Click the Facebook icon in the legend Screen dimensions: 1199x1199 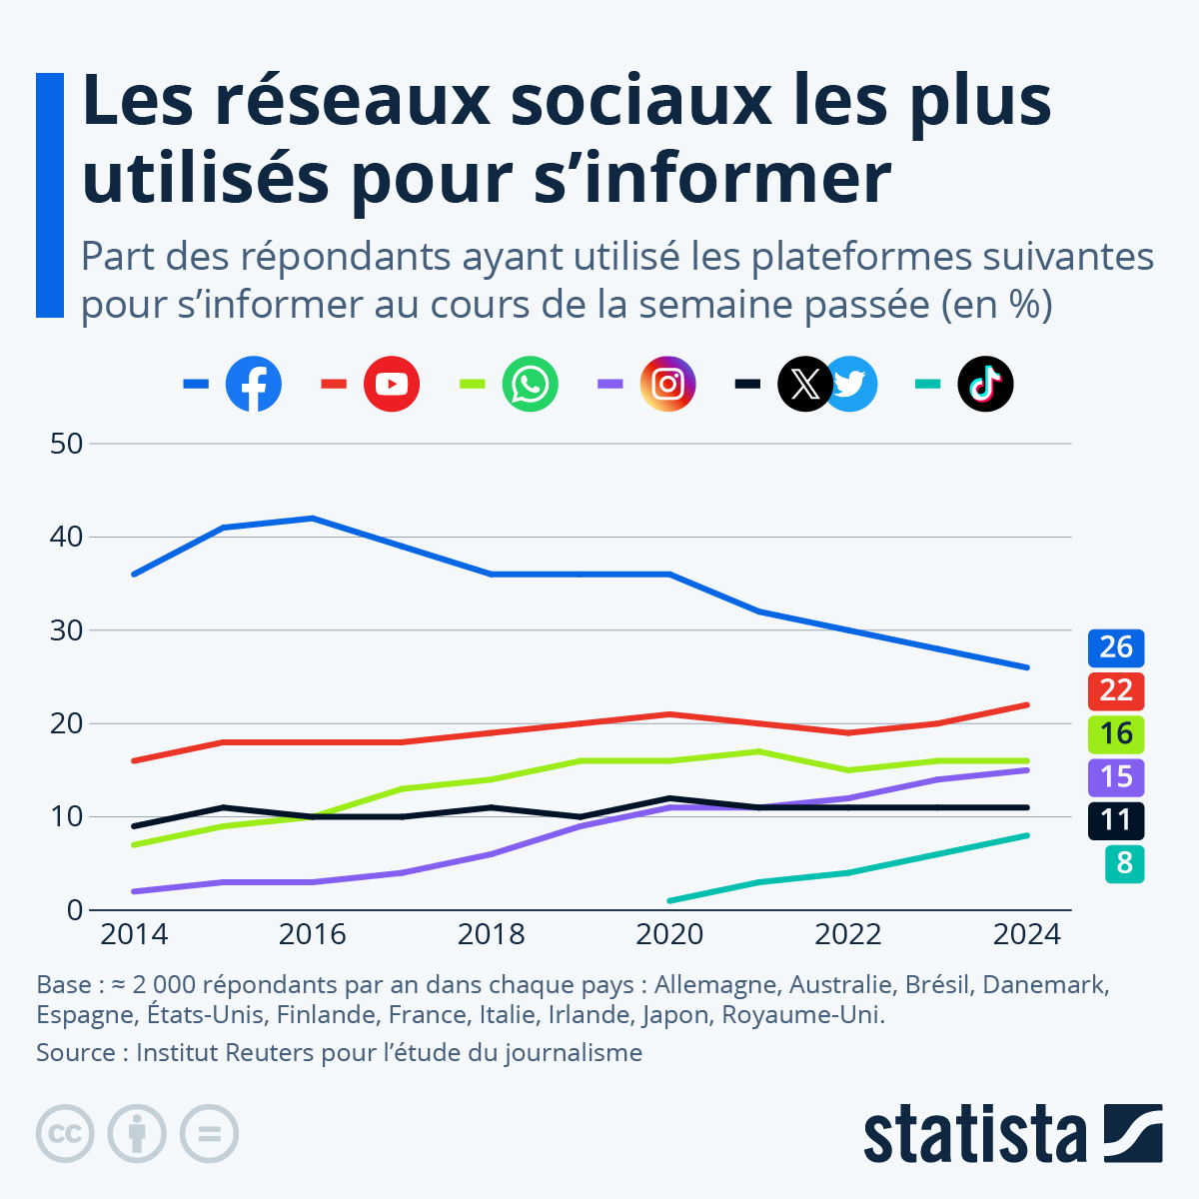pos(254,384)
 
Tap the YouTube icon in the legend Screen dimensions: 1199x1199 pos(392,384)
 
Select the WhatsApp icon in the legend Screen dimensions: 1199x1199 pos(530,384)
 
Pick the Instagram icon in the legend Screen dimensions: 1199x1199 pos(667,384)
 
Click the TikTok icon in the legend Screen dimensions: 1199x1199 pos(985,384)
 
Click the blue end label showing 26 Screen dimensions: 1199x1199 pos(1116,647)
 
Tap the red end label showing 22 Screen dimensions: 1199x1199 pos(1116,690)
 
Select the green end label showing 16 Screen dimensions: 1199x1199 pos(1116,733)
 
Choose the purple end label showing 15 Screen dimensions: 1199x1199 pos(1116,776)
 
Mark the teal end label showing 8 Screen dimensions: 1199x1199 pos(1124,863)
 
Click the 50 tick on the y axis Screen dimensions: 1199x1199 pos(66,444)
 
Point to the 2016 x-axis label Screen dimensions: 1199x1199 pos(312,935)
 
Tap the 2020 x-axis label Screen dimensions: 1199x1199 pos(669,935)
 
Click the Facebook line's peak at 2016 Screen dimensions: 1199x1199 pos(313,518)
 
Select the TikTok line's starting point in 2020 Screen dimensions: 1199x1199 pos(669,900)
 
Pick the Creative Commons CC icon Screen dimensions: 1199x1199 pos(65,1134)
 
